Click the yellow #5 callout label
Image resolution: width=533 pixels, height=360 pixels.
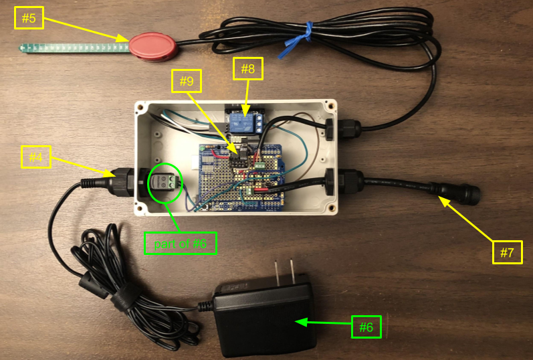29,18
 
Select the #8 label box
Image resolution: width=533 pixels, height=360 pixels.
247,68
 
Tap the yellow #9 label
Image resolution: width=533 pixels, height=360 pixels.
186,82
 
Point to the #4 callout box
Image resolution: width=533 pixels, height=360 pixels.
35,159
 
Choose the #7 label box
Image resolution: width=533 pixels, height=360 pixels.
507,252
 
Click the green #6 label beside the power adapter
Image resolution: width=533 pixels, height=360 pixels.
366,327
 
